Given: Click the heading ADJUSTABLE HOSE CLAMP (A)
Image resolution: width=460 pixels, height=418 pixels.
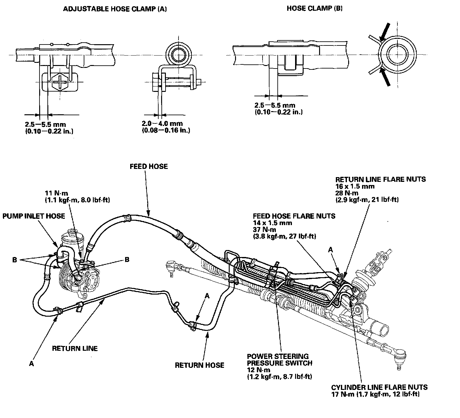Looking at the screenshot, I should [115, 9].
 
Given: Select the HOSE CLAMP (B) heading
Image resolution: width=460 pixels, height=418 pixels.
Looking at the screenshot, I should [314, 9].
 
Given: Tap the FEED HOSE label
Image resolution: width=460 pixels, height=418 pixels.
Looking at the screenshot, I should [149, 166].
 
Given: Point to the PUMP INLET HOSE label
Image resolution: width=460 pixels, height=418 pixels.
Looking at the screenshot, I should [34, 216].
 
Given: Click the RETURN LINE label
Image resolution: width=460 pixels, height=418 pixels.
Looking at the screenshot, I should [75, 348].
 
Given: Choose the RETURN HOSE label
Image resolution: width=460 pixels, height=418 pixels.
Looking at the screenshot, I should [200, 365].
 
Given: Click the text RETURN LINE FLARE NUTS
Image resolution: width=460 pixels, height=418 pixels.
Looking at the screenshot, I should [380, 179].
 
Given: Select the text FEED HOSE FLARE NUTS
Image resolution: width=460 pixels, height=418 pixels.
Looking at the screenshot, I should [294, 216].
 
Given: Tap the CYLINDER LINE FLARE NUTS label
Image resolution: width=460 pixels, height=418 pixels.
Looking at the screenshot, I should [379, 387].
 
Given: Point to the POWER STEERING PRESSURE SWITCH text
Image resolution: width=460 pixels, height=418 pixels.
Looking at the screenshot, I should [280, 360].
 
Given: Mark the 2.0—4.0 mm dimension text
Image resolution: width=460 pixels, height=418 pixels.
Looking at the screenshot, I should [162, 124].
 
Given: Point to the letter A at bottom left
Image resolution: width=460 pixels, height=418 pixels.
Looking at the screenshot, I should [31, 364].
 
